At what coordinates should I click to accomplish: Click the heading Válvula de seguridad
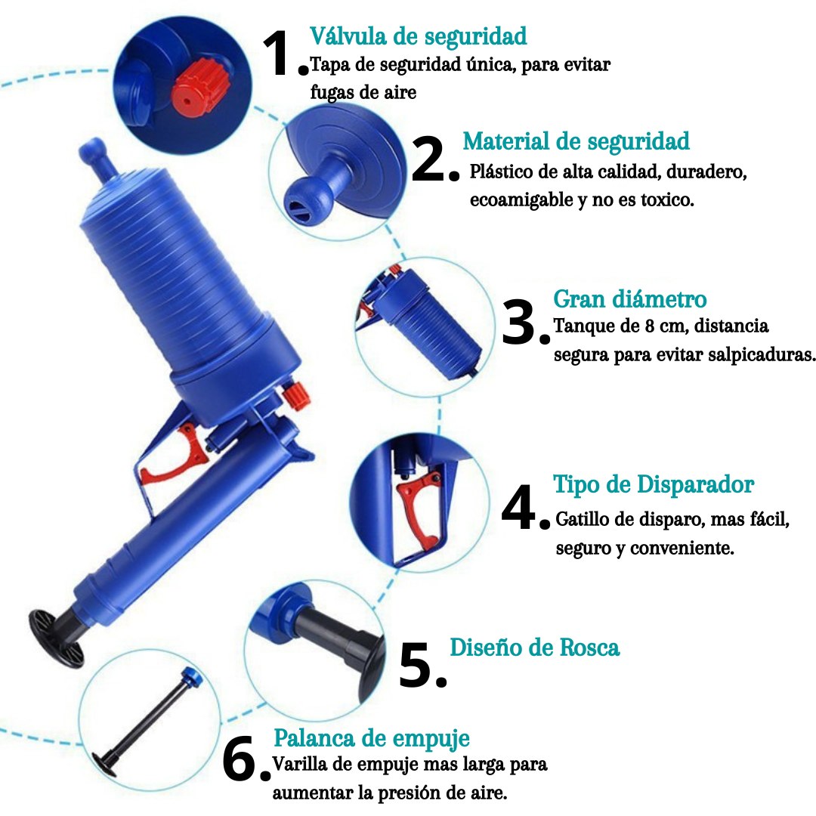(418, 36)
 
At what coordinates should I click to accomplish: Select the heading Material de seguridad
(576, 141)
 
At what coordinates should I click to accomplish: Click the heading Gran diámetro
(630, 299)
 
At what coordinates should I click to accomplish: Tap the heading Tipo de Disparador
(654, 484)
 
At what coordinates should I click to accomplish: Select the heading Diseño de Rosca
(534, 648)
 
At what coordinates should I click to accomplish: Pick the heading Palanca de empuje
(371, 737)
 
